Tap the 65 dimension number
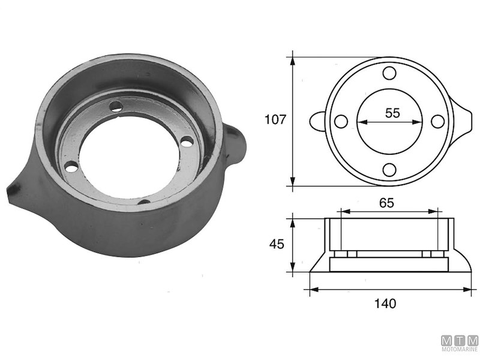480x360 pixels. [x=387, y=203]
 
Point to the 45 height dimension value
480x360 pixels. [x=275, y=244]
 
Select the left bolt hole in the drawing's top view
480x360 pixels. [x=341, y=121]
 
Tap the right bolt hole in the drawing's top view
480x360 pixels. [x=438, y=121]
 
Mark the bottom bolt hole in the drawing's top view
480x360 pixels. [x=389, y=169]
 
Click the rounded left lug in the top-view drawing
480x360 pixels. [x=317, y=121]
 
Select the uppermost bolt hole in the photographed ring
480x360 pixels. [x=118, y=107]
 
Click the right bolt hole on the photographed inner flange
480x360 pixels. [x=187, y=142]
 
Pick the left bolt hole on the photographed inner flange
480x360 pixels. [x=71, y=166]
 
